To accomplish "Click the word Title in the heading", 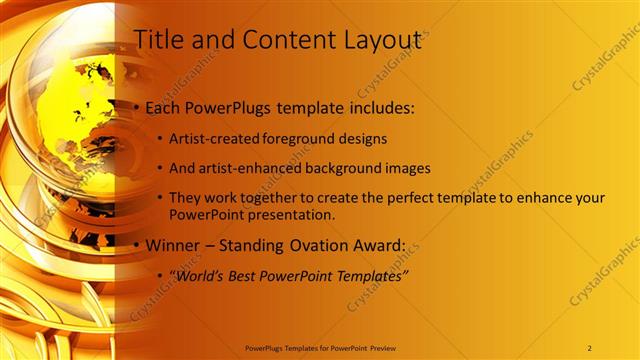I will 156,40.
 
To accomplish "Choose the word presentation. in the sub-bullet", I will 295,214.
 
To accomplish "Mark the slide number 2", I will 589,347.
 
